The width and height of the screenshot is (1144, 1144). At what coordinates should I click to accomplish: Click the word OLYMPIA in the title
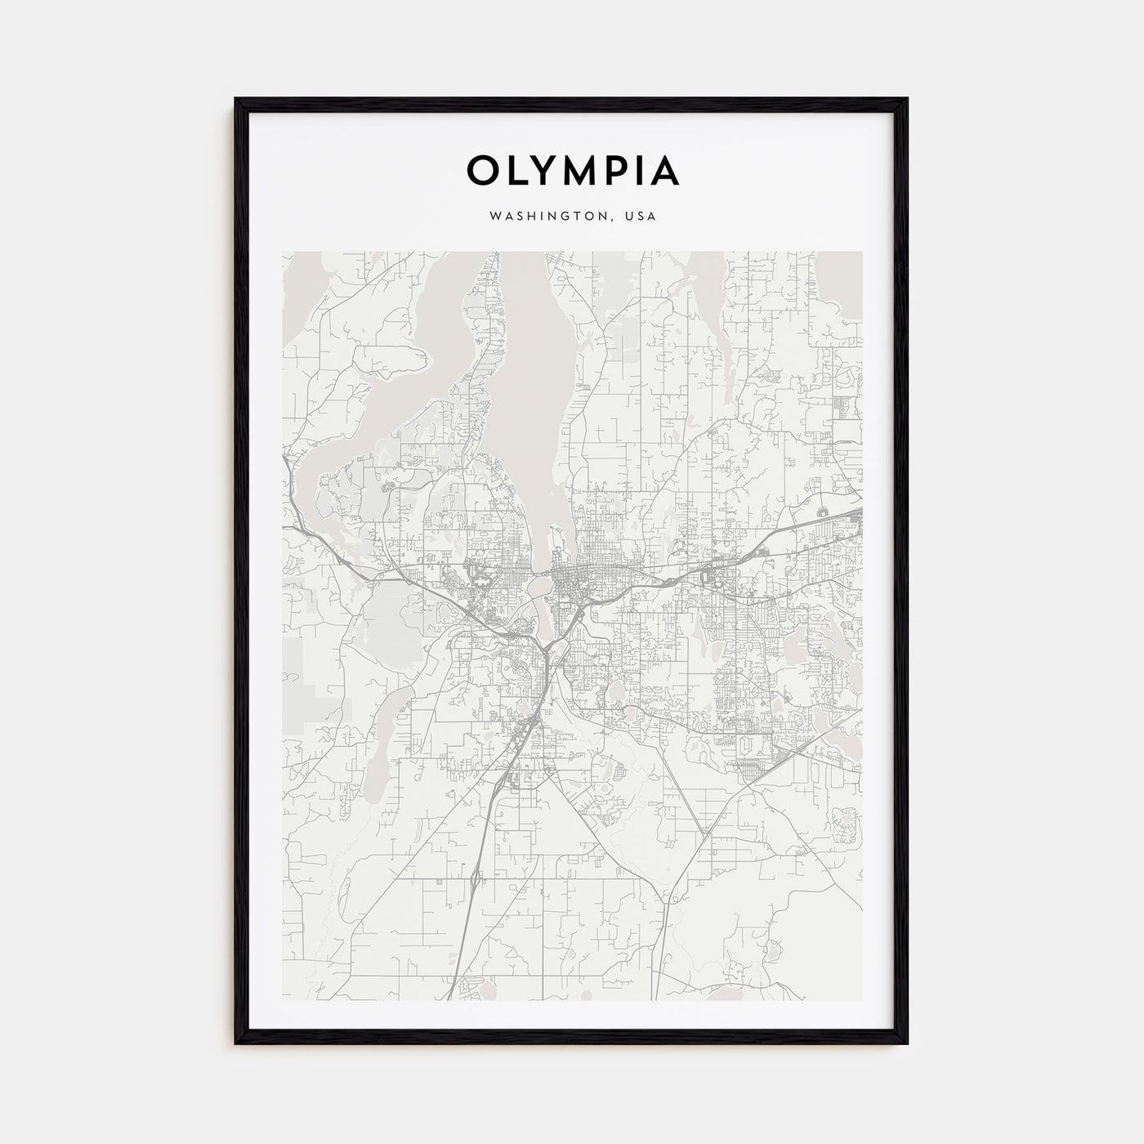(572, 171)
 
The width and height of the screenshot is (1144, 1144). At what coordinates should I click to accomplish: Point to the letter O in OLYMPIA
(480, 171)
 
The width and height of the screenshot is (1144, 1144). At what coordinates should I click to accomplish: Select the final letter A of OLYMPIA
(665, 171)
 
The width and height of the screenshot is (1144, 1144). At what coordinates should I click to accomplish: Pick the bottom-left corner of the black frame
(237, 1042)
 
